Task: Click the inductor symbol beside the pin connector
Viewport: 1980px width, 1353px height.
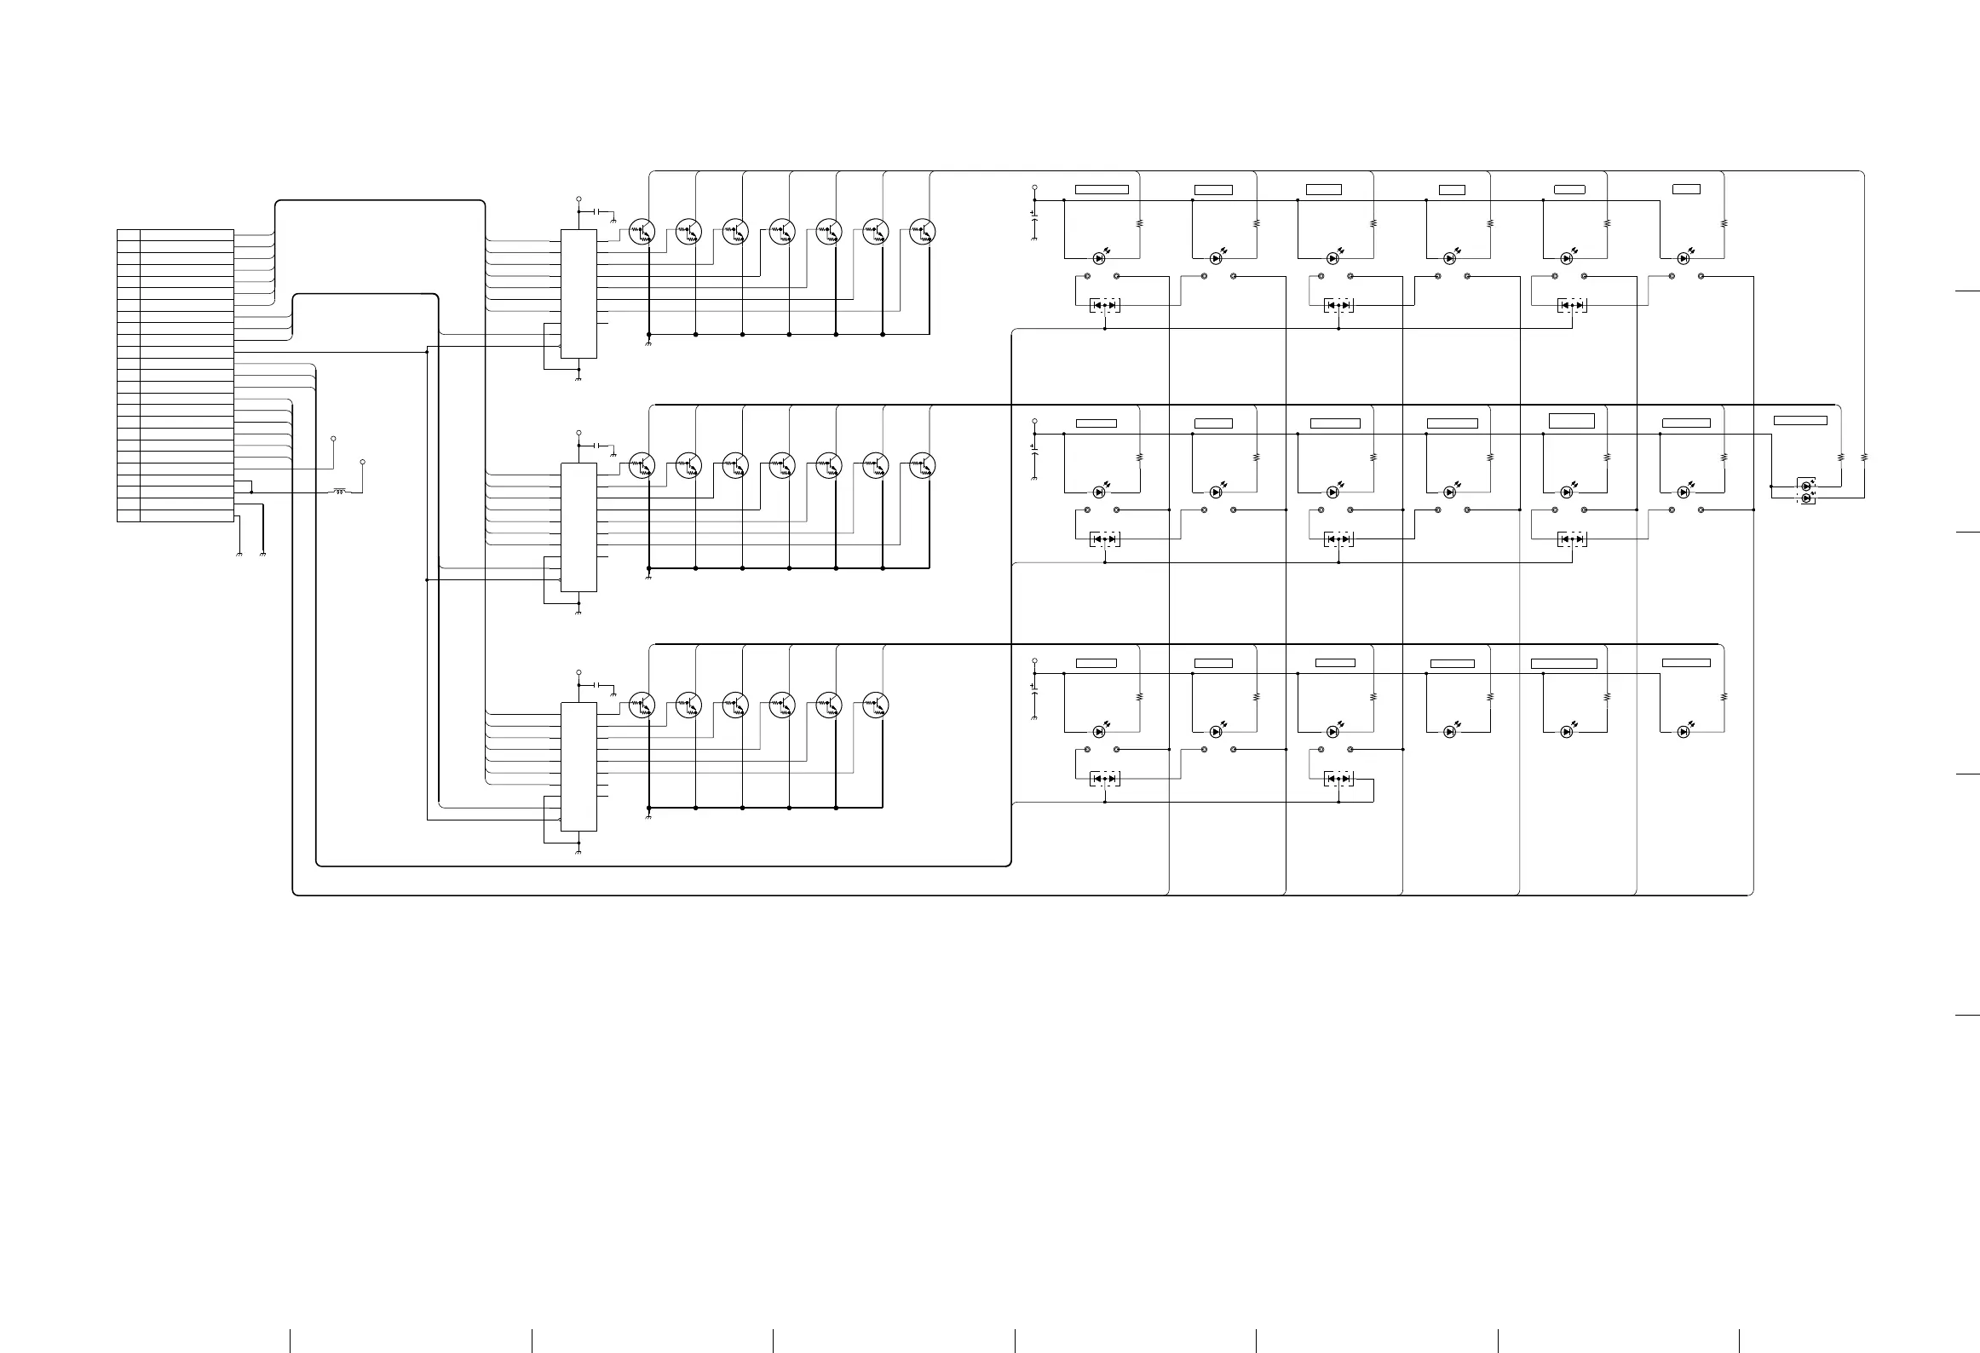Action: tap(340, 492)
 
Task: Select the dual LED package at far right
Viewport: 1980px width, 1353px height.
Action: tap(1805, 492)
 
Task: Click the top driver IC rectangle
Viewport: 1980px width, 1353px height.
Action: tap(578, 294)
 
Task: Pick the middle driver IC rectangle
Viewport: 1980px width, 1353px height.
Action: tap(578, 527)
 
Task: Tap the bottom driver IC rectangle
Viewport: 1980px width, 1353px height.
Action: tap(578, 767)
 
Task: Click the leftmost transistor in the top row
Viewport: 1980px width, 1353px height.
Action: tap(642, 231)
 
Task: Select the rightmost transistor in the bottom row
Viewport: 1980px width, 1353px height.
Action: tap(876, 705)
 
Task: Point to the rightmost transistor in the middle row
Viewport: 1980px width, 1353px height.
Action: tap(923, 465)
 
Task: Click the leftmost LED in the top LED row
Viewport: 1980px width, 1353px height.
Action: tap(1099, 257)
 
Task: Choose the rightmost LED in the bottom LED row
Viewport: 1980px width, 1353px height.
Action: tap(1684, 731)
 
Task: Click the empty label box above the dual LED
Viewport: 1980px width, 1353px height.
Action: tap(1799, 420)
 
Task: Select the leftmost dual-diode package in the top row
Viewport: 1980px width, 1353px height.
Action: tap(1105, 305)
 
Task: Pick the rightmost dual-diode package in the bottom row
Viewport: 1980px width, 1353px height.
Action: tap(1338, 779)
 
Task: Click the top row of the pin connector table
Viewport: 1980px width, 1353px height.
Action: tap(176, 234)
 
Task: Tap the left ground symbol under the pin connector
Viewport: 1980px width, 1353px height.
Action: tap(239, 555)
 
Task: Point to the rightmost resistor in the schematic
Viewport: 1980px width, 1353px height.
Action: tap(1864, 457)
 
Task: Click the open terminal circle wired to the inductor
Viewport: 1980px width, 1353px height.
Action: tap(363, 462)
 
